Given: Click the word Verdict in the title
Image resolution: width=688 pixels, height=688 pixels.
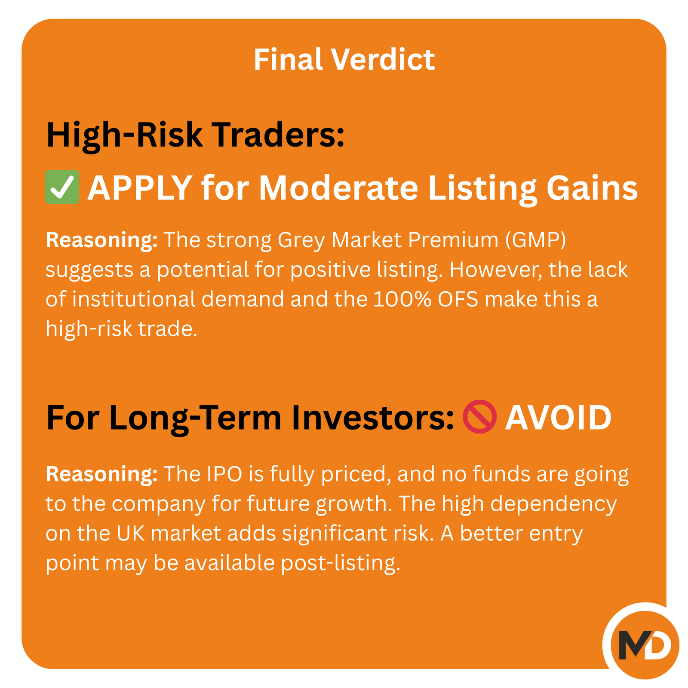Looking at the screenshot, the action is pyautogui.click(x=383, y=59).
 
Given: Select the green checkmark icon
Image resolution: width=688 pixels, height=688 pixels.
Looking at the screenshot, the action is pyautogui.click(x=62, y=187).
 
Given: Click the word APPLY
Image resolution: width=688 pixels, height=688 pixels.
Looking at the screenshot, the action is pyautogui.click(x=140, y=188).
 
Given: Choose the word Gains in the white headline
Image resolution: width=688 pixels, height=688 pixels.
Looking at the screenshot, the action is pyautogui.click(x=592, y=188).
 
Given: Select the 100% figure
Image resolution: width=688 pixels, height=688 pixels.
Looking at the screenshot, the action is pyautogui.click(x=402, y=299).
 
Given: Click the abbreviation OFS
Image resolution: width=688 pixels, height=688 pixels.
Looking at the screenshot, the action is pyautogui.click(x=458, y=299).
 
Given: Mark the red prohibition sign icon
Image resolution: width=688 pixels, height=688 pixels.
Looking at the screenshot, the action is pyautogui.click(x=479, y=417).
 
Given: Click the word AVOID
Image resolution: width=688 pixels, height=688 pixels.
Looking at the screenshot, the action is pyautogui.click(x=558, y=417).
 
